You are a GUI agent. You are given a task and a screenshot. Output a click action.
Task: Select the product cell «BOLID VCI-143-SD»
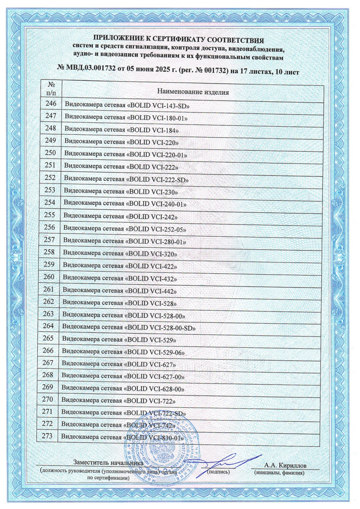tap(127, 105)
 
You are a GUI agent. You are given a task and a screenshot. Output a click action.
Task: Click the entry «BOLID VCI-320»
tap(121, 253)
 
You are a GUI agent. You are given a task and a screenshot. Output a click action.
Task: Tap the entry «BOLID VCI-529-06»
tap(123, 351)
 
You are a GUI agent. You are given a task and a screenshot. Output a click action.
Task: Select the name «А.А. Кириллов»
tap(285, 465)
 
